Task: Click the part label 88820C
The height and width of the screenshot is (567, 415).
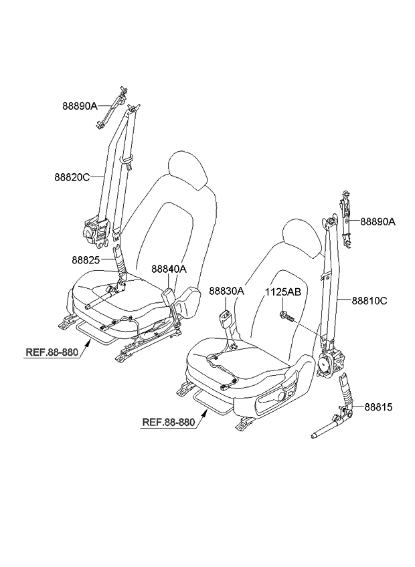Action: coord(72,177)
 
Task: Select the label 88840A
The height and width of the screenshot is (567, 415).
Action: coord(169,269)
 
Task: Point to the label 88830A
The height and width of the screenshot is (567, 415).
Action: coord(226,292)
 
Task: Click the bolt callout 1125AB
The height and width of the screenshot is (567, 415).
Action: coord(282,292)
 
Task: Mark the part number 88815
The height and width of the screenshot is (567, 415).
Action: coord(378,406)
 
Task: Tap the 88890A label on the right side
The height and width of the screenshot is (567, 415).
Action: coord(378,221)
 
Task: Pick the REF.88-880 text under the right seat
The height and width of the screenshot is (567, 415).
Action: coord(168,422)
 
